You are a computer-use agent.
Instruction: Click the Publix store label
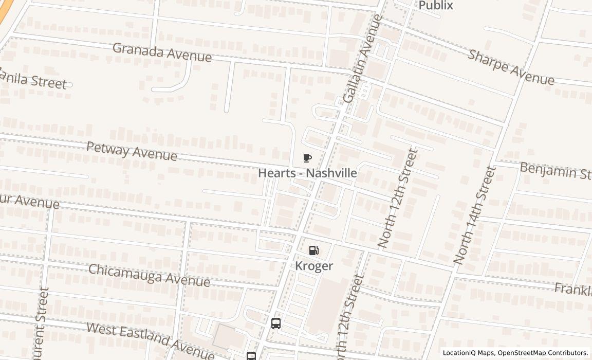coord(436,6)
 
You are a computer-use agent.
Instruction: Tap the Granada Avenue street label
coord(162,52)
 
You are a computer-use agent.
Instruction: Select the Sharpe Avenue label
coord(511,67)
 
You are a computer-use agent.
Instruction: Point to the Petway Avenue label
coord(132,151)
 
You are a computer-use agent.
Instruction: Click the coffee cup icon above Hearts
coord(307,158)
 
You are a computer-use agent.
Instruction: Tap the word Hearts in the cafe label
coord(276,173)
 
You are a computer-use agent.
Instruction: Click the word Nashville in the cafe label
coord(331,173)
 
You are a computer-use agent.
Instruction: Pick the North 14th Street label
coord(475,215)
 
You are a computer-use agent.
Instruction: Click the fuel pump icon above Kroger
coord(313,250)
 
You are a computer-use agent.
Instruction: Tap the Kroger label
coord(313,266)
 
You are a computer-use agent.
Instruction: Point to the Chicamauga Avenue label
coord(149,276)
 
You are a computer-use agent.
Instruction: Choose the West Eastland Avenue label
coord(150,340)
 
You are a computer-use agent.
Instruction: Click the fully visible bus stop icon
coord(276,323)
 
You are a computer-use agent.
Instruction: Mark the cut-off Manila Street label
coord(33,79)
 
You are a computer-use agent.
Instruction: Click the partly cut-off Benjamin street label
coord(556,171)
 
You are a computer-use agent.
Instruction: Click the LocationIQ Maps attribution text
coord(468,353)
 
